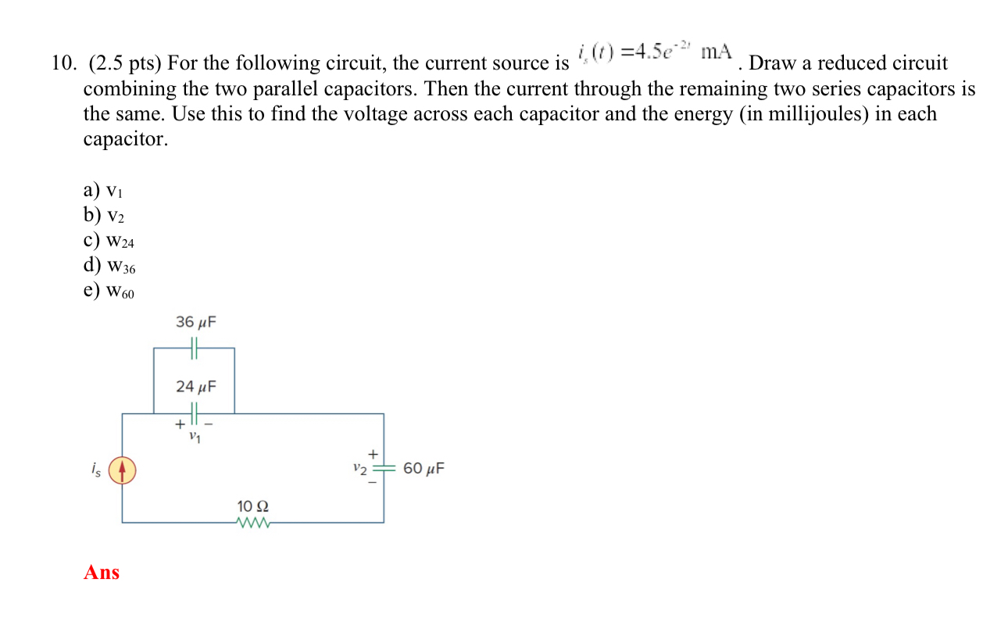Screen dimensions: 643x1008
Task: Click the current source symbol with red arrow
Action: (x=122, y=470)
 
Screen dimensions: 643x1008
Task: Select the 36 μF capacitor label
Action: (x=195, y=322)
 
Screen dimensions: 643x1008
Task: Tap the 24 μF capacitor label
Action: (x=195, y=386)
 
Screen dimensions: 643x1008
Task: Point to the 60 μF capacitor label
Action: (x=424, y=469)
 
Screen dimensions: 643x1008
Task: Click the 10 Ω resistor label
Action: (x=252, y=507)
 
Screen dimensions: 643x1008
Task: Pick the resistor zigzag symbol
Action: (x=252, y=523)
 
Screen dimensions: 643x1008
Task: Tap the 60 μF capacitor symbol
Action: (x=383, y=469)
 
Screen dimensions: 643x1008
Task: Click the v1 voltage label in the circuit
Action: (x=194, y=438)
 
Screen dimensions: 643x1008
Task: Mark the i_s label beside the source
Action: (x=96, y=470)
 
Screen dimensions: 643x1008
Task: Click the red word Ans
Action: (x=102, y=573)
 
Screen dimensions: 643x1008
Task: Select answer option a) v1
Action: (x=102, y=191)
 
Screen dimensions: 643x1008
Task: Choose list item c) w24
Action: (x=109, y=241)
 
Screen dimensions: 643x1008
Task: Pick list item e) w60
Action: (x=109, y=291)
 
